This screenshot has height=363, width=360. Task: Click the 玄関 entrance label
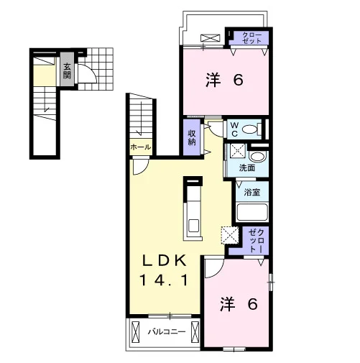point(67,70)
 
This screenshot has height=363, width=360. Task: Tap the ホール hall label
point(141,147)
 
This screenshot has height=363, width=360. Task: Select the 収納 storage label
point(192,137)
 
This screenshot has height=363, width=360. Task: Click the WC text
point(235,129)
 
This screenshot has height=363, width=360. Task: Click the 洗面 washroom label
point(247,167)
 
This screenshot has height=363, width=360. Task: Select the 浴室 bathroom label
point(252,192)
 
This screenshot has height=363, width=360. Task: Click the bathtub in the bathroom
point(252,212)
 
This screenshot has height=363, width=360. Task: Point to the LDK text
point(165,260)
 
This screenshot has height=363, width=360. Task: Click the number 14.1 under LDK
point(164,280)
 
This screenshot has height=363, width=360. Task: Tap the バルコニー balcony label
point(167,332)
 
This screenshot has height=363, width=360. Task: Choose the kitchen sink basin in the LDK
point(193,226)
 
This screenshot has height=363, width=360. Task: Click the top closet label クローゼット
point(251,37)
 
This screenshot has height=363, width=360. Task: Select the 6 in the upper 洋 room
point(238,80)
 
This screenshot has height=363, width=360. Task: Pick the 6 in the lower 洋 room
point(252,303)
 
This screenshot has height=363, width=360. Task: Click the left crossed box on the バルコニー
point(135,332)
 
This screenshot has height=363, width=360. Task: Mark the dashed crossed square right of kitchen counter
point(230,235)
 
